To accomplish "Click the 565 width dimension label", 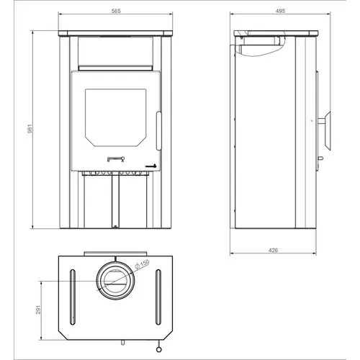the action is coord(116,11).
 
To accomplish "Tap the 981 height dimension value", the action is coord(30,129).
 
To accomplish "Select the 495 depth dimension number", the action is coord(280,11).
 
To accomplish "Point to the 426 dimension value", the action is coord(273,250).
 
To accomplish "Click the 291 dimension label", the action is coord(39,310).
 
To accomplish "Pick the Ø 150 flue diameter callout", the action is coord(142,264).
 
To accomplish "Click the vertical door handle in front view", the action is coord(158,130).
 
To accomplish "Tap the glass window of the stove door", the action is coord(116,117).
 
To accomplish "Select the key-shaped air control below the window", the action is coord(116,159).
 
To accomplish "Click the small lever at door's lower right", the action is coord(151,166).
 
